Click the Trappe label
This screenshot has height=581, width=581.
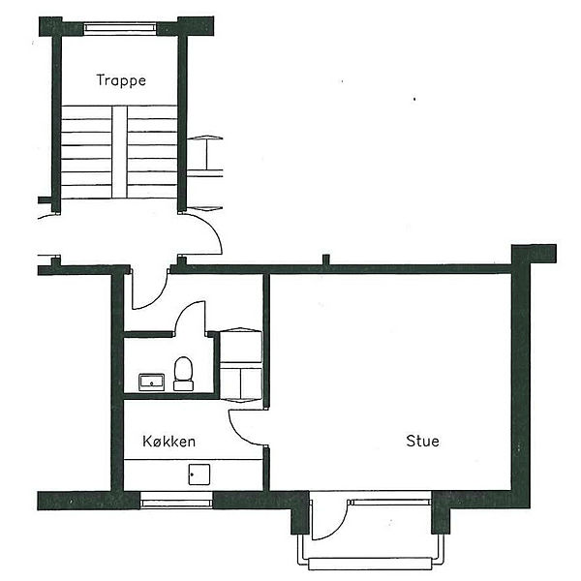coord(121,80)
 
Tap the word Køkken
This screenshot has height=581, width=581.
coord(168,441)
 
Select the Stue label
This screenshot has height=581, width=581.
coord(423,441)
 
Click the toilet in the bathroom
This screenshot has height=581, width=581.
coord(183,374)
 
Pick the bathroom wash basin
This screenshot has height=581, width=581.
coord(152,382)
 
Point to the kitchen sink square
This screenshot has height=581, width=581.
coord(199,474)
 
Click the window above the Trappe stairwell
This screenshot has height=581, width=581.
coord(120,28)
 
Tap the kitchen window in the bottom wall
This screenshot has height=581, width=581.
coord(176,501)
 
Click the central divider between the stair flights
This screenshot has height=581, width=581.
coord(119,152)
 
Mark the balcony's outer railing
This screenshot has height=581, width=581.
coord(371,564)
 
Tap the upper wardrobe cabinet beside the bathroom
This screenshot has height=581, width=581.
coord(241,346)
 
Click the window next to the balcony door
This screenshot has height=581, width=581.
coord(390,502)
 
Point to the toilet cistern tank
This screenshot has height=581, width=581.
coord(183,385)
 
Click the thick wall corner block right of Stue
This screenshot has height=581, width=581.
coord(534,254)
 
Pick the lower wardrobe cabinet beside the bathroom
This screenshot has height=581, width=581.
coord(241,383)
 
